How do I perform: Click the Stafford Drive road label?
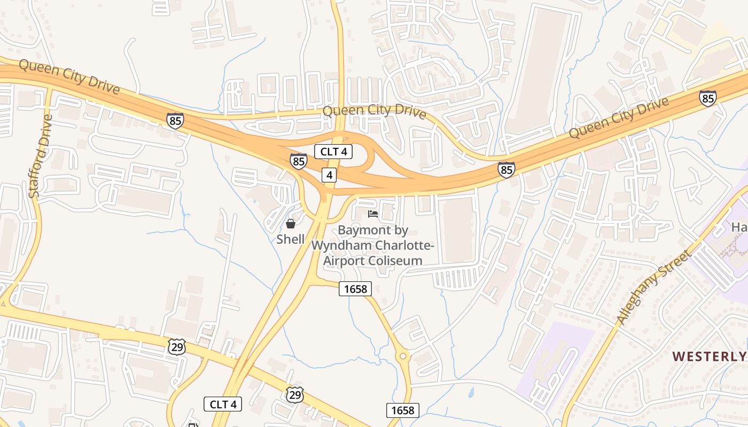coord(41,156)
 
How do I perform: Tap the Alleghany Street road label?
coord(653,287)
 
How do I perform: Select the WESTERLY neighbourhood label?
coord(708,357)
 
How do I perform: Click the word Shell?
coord(291,239)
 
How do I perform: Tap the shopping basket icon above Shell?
coord(290,224)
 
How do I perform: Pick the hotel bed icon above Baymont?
coord(373,214)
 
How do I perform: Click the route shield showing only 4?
coord(329,175)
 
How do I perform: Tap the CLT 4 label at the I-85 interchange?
coord(333,152)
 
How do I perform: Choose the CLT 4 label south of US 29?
coord(223,404)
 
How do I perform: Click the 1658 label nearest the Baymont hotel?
coord(355,289)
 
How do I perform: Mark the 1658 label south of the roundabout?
coord(402,410)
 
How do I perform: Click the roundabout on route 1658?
coord(402,355)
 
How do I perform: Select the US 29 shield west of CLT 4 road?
coord(176,347)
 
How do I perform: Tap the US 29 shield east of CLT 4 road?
coord(295,394)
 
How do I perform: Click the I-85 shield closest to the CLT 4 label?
coord(299,161)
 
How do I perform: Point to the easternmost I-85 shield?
coord(708,98)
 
